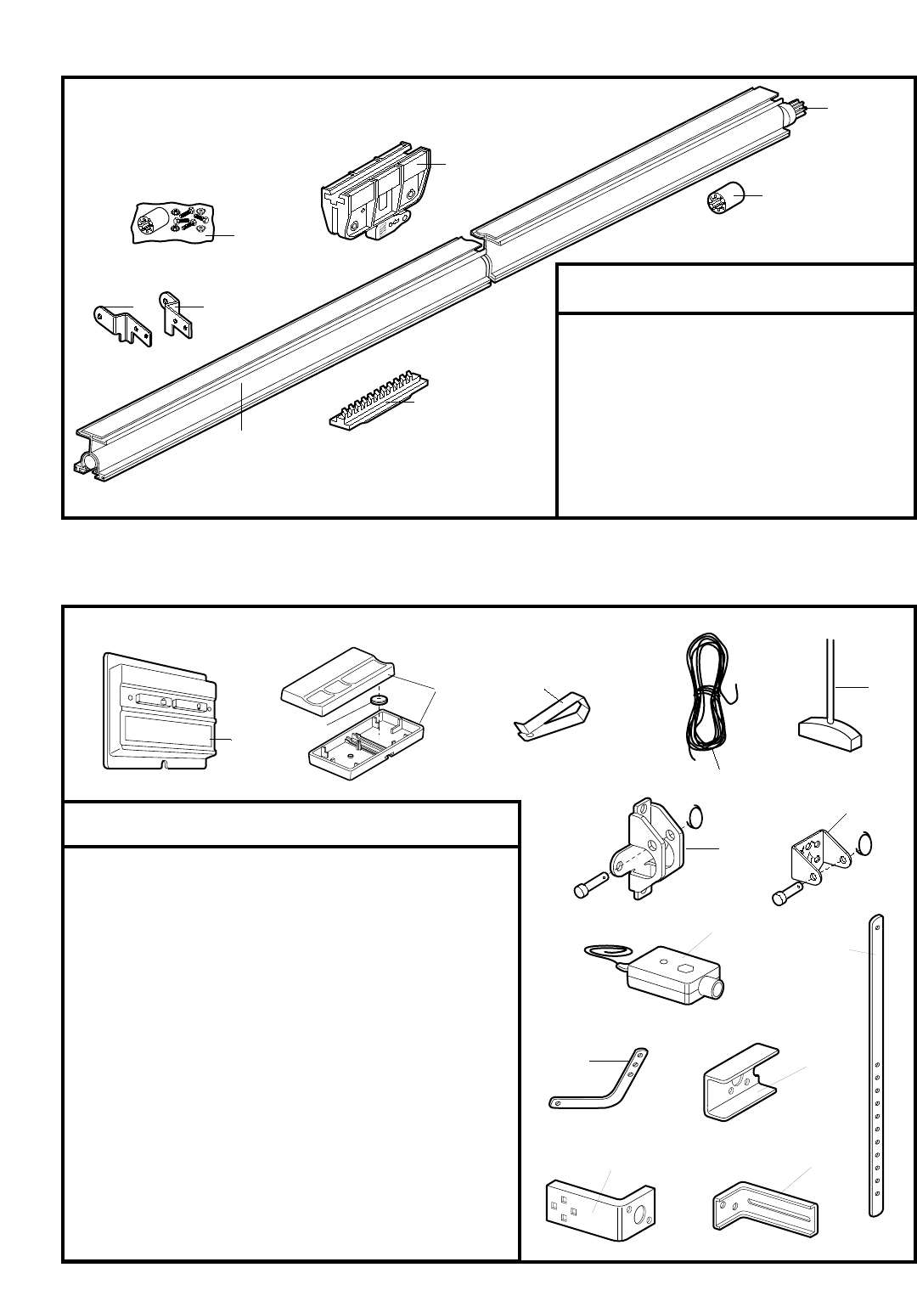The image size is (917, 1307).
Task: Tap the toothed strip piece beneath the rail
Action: (x=378, y=403)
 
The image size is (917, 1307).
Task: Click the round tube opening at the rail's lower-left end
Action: (x=85, y=464)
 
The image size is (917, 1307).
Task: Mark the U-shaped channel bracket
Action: (x=737, y=1084)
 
